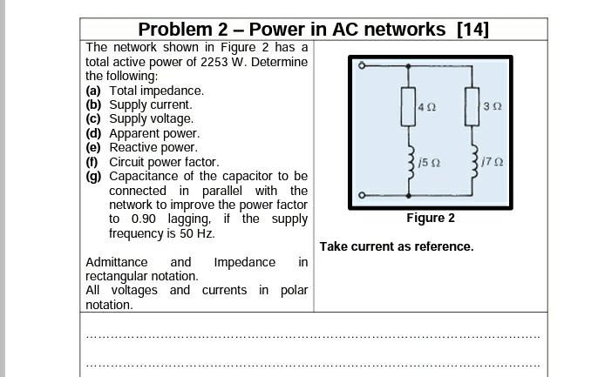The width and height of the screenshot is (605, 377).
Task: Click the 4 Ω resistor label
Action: [426, 107]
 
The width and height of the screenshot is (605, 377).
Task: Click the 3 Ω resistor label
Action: [493, 107]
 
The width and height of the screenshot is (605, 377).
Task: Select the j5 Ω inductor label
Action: [429, 163]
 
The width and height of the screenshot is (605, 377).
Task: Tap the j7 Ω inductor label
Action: [493, 163]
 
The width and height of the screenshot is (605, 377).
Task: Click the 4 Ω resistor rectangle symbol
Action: [408, 107]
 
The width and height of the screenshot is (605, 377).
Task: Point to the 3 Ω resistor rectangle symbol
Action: [472, 107]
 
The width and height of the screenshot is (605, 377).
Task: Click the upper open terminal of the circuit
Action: [363, 65]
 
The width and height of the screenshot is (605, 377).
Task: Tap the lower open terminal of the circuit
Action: [363, 196]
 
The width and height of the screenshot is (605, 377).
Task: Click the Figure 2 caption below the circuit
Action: [430, 219]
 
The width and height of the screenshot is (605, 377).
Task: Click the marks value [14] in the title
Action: [472, 30]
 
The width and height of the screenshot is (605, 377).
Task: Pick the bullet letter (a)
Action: [93, 91]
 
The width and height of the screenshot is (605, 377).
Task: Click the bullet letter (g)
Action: [93, 176]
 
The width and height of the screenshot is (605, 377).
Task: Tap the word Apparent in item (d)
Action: [135, 133]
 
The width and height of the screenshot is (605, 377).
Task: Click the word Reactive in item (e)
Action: [134, 147]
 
